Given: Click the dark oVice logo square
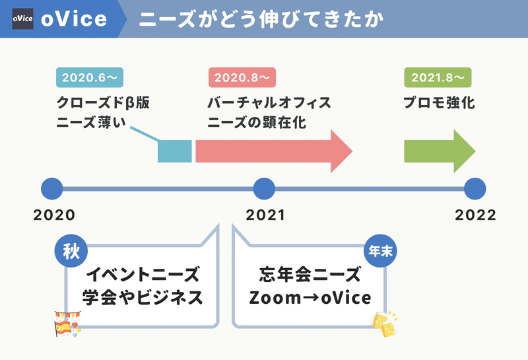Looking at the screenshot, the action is click(x=22, y=19).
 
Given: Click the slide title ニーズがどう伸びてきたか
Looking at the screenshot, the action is click(x=261, y=19).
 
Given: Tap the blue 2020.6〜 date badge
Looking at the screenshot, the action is click(x=90, y=77).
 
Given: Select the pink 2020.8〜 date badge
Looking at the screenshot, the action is click(x=242, y=77).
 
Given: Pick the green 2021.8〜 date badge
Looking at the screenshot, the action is click(x=438, y=77).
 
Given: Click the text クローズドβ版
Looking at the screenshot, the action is click(x=103, y=102).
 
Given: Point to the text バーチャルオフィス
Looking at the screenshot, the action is click(x=269, y=102).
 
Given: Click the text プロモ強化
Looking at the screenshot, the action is click(x=439, y=102).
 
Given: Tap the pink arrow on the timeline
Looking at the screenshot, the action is click(x=274, y=151).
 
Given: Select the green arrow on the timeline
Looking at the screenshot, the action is click(x=440, y=151).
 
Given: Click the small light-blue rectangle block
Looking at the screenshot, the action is click(x=175, y=151).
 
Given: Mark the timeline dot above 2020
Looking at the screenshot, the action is click(x=52, y=189).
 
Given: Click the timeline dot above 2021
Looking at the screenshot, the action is click(x=264, y=189).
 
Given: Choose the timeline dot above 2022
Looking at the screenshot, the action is click(x=475, y=189).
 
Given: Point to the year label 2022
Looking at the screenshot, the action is click(x=475, y=215).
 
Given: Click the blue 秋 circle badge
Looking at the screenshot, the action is click(x=71, y=251).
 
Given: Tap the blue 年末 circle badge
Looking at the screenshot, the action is click(x=380, y=251).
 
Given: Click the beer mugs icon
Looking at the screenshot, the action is click(x=384, y=324).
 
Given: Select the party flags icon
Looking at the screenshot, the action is click(x=67, y=324).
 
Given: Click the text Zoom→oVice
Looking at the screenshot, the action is click(x=310, y=298).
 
